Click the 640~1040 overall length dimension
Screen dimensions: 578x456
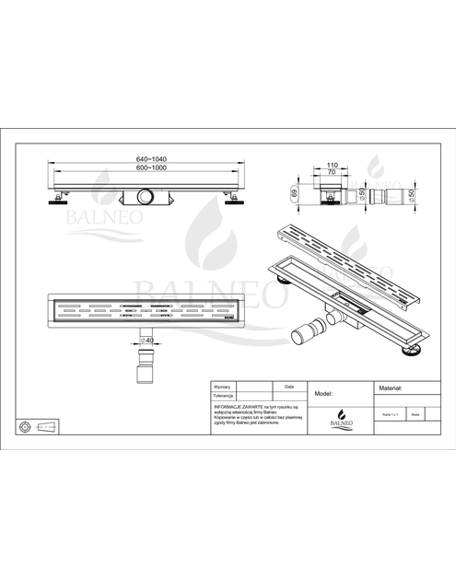point(153,159)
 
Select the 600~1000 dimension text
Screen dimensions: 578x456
point(153,168)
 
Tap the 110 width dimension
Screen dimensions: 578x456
point(332,165)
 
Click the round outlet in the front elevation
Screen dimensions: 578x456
point(146,197)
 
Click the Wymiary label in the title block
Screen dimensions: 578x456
point(223,387)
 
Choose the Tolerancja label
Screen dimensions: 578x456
point(225,396)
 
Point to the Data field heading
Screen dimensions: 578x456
point(289,387)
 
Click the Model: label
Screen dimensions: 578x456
point(323,392)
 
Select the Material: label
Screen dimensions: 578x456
point(392,388)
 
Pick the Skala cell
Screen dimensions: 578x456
point(417,416)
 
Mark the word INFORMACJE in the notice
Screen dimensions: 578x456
point(228,405)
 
